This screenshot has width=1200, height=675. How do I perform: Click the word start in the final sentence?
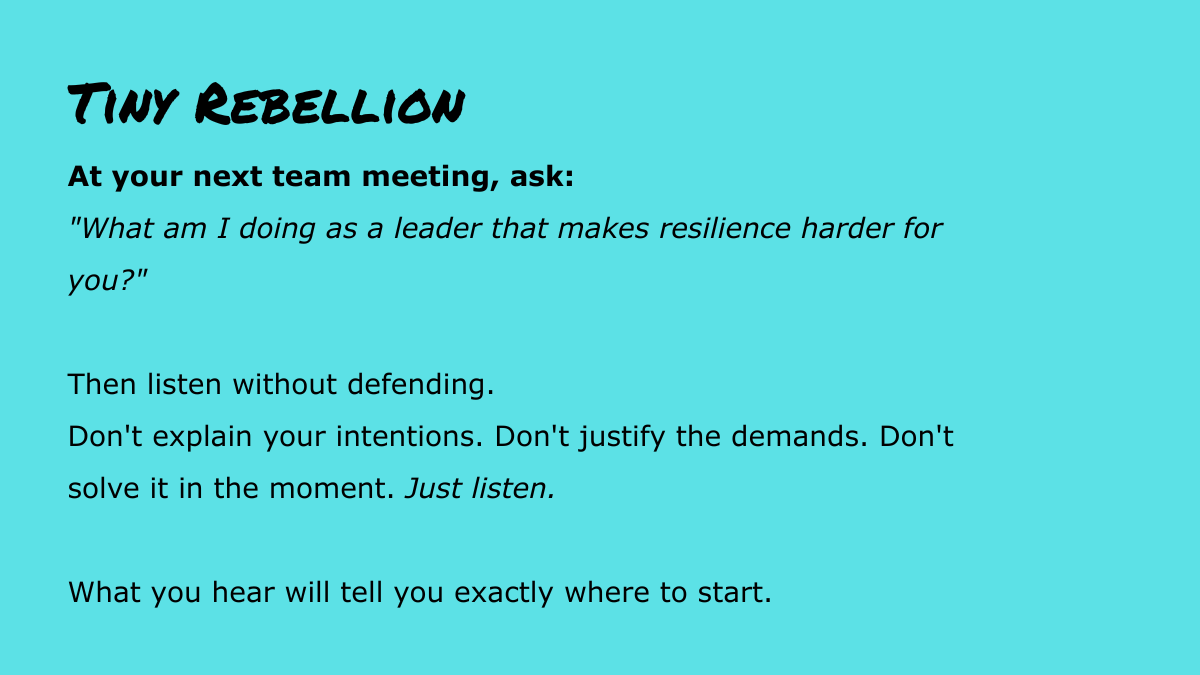pyautogui.click(x=735, y=593)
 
